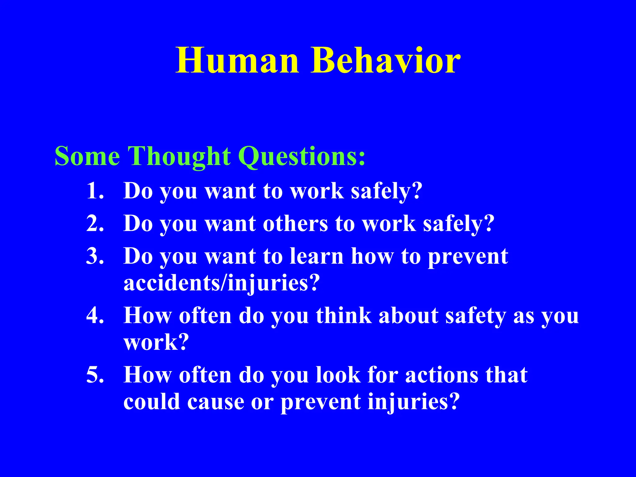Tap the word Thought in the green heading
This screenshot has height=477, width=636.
(179, 156)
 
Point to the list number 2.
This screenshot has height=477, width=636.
(95, 223)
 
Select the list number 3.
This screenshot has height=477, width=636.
(95, 256)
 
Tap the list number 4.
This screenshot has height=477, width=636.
(95, 316)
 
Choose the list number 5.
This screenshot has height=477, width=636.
(95, 375)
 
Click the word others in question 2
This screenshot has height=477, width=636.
(295, 223)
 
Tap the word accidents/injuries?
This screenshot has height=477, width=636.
(221, 283)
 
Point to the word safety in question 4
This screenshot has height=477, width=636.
(475, 316)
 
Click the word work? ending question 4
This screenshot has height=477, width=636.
(156, 342)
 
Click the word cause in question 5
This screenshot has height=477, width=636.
(216, 402)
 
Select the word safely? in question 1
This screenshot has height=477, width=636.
(387, 191)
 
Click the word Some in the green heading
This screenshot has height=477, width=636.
(87, 156)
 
